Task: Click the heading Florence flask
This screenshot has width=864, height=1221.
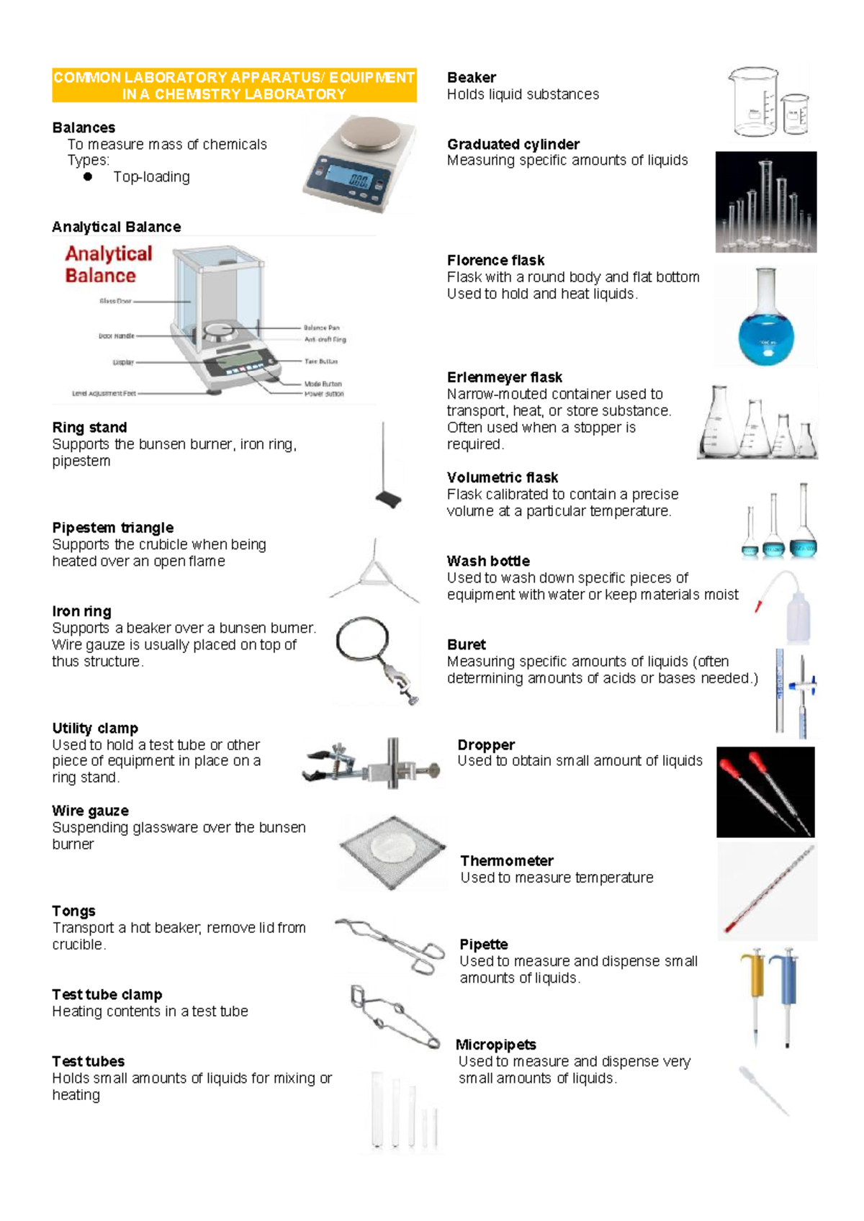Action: click(495, 261)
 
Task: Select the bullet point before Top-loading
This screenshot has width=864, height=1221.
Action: click(88, 176)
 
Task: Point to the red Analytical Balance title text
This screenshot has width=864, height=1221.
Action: click(108, 264)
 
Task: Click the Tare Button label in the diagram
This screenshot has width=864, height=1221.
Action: click(320, 361)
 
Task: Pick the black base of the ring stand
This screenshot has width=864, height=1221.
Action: click(388, 500)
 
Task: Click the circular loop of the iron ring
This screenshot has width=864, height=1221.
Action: click(362, 638)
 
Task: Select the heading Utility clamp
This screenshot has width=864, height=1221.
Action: click(95, 729)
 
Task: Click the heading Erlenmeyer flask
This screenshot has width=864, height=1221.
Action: click(504, 378)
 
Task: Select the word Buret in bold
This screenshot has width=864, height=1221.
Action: click(466, 645)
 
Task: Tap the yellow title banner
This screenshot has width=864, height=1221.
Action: click(234, 86)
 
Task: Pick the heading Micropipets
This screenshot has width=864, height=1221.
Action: click(496, 1045)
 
